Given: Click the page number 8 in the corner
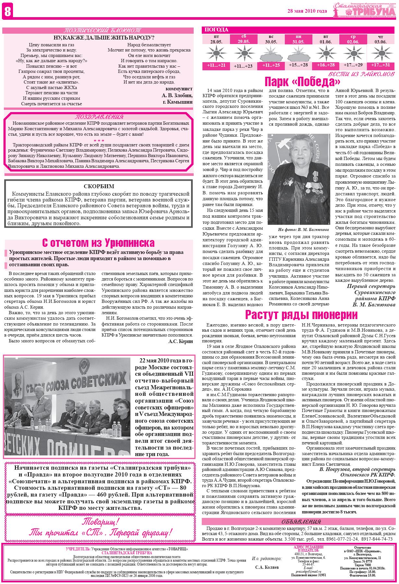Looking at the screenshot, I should tap(7, 12).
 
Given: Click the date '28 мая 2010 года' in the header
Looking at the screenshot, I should tap(307, 11).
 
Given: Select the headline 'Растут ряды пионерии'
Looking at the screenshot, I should tap(301, 315).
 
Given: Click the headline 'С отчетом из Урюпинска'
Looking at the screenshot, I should tap(99, 243).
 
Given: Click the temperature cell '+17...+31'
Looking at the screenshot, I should tap(381, 65).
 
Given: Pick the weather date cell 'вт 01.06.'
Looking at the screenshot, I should tap(326, 40).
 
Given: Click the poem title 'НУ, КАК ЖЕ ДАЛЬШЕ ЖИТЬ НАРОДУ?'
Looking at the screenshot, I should tap(99, 37).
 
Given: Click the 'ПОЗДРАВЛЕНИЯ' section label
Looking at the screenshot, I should tap(99, 117).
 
